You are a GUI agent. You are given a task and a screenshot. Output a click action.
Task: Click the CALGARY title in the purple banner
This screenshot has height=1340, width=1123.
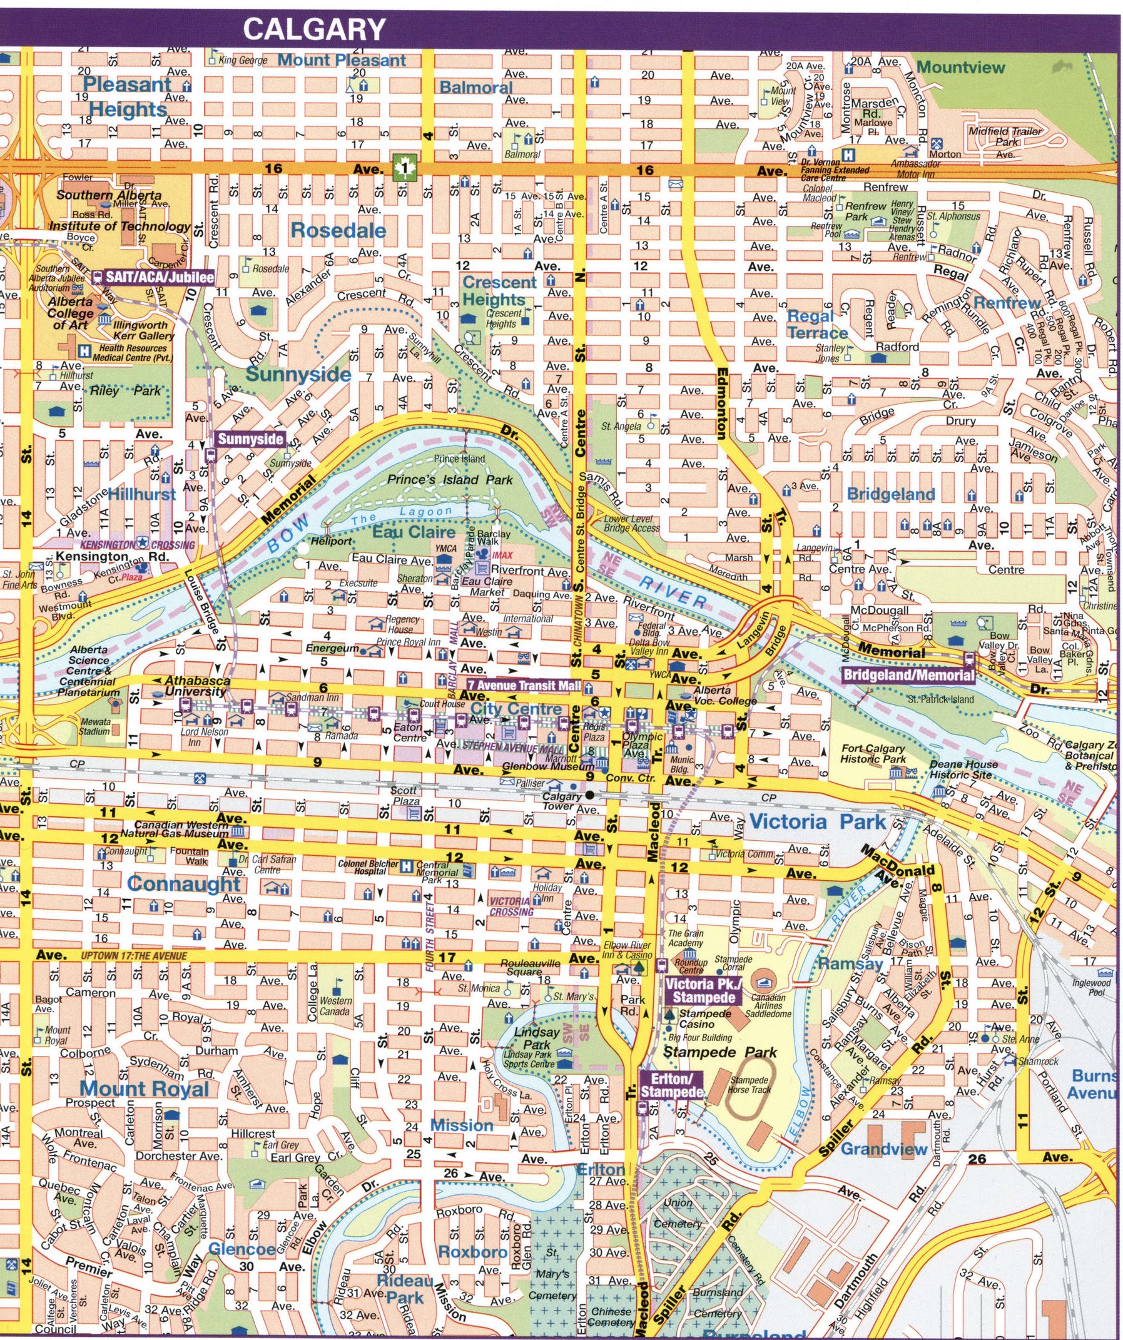pyautogui.click(x=315, y=29)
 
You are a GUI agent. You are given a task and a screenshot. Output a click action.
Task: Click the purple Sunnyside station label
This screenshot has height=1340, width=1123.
pyautogui.click(x=250, y=439)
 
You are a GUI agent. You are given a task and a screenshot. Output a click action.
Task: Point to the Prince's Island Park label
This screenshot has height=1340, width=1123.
pyautogui.click(x=450, y=479)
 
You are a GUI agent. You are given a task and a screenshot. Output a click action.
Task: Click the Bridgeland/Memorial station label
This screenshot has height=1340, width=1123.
pyautogui.click(x=908, y=675)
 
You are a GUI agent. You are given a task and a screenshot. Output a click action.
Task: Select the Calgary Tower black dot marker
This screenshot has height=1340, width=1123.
pyautogui.click(x=590, y=795)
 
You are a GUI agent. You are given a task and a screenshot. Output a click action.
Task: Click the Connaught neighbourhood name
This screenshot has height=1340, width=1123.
pyautogui.click(x=184, y=884)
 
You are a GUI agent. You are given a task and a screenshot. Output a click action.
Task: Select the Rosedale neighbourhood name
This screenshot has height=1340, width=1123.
pyautogui.click(x=338, y=230)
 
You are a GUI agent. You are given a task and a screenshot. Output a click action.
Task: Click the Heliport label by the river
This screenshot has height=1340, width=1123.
pyautogui.click(x=331, y=541)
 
